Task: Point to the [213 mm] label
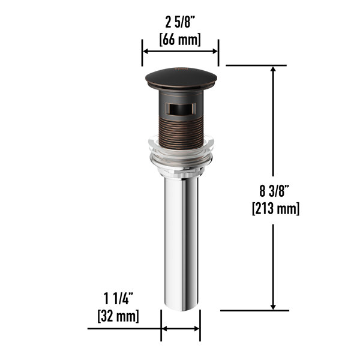click(275, 209)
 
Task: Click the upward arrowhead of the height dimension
click(274, 70)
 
